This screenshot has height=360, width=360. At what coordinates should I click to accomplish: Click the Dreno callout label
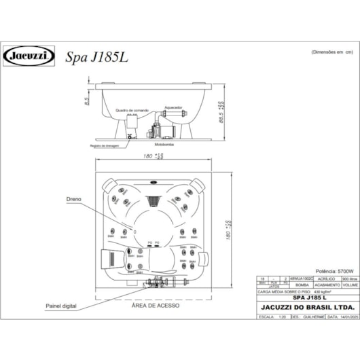click(x=74, y=200)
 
